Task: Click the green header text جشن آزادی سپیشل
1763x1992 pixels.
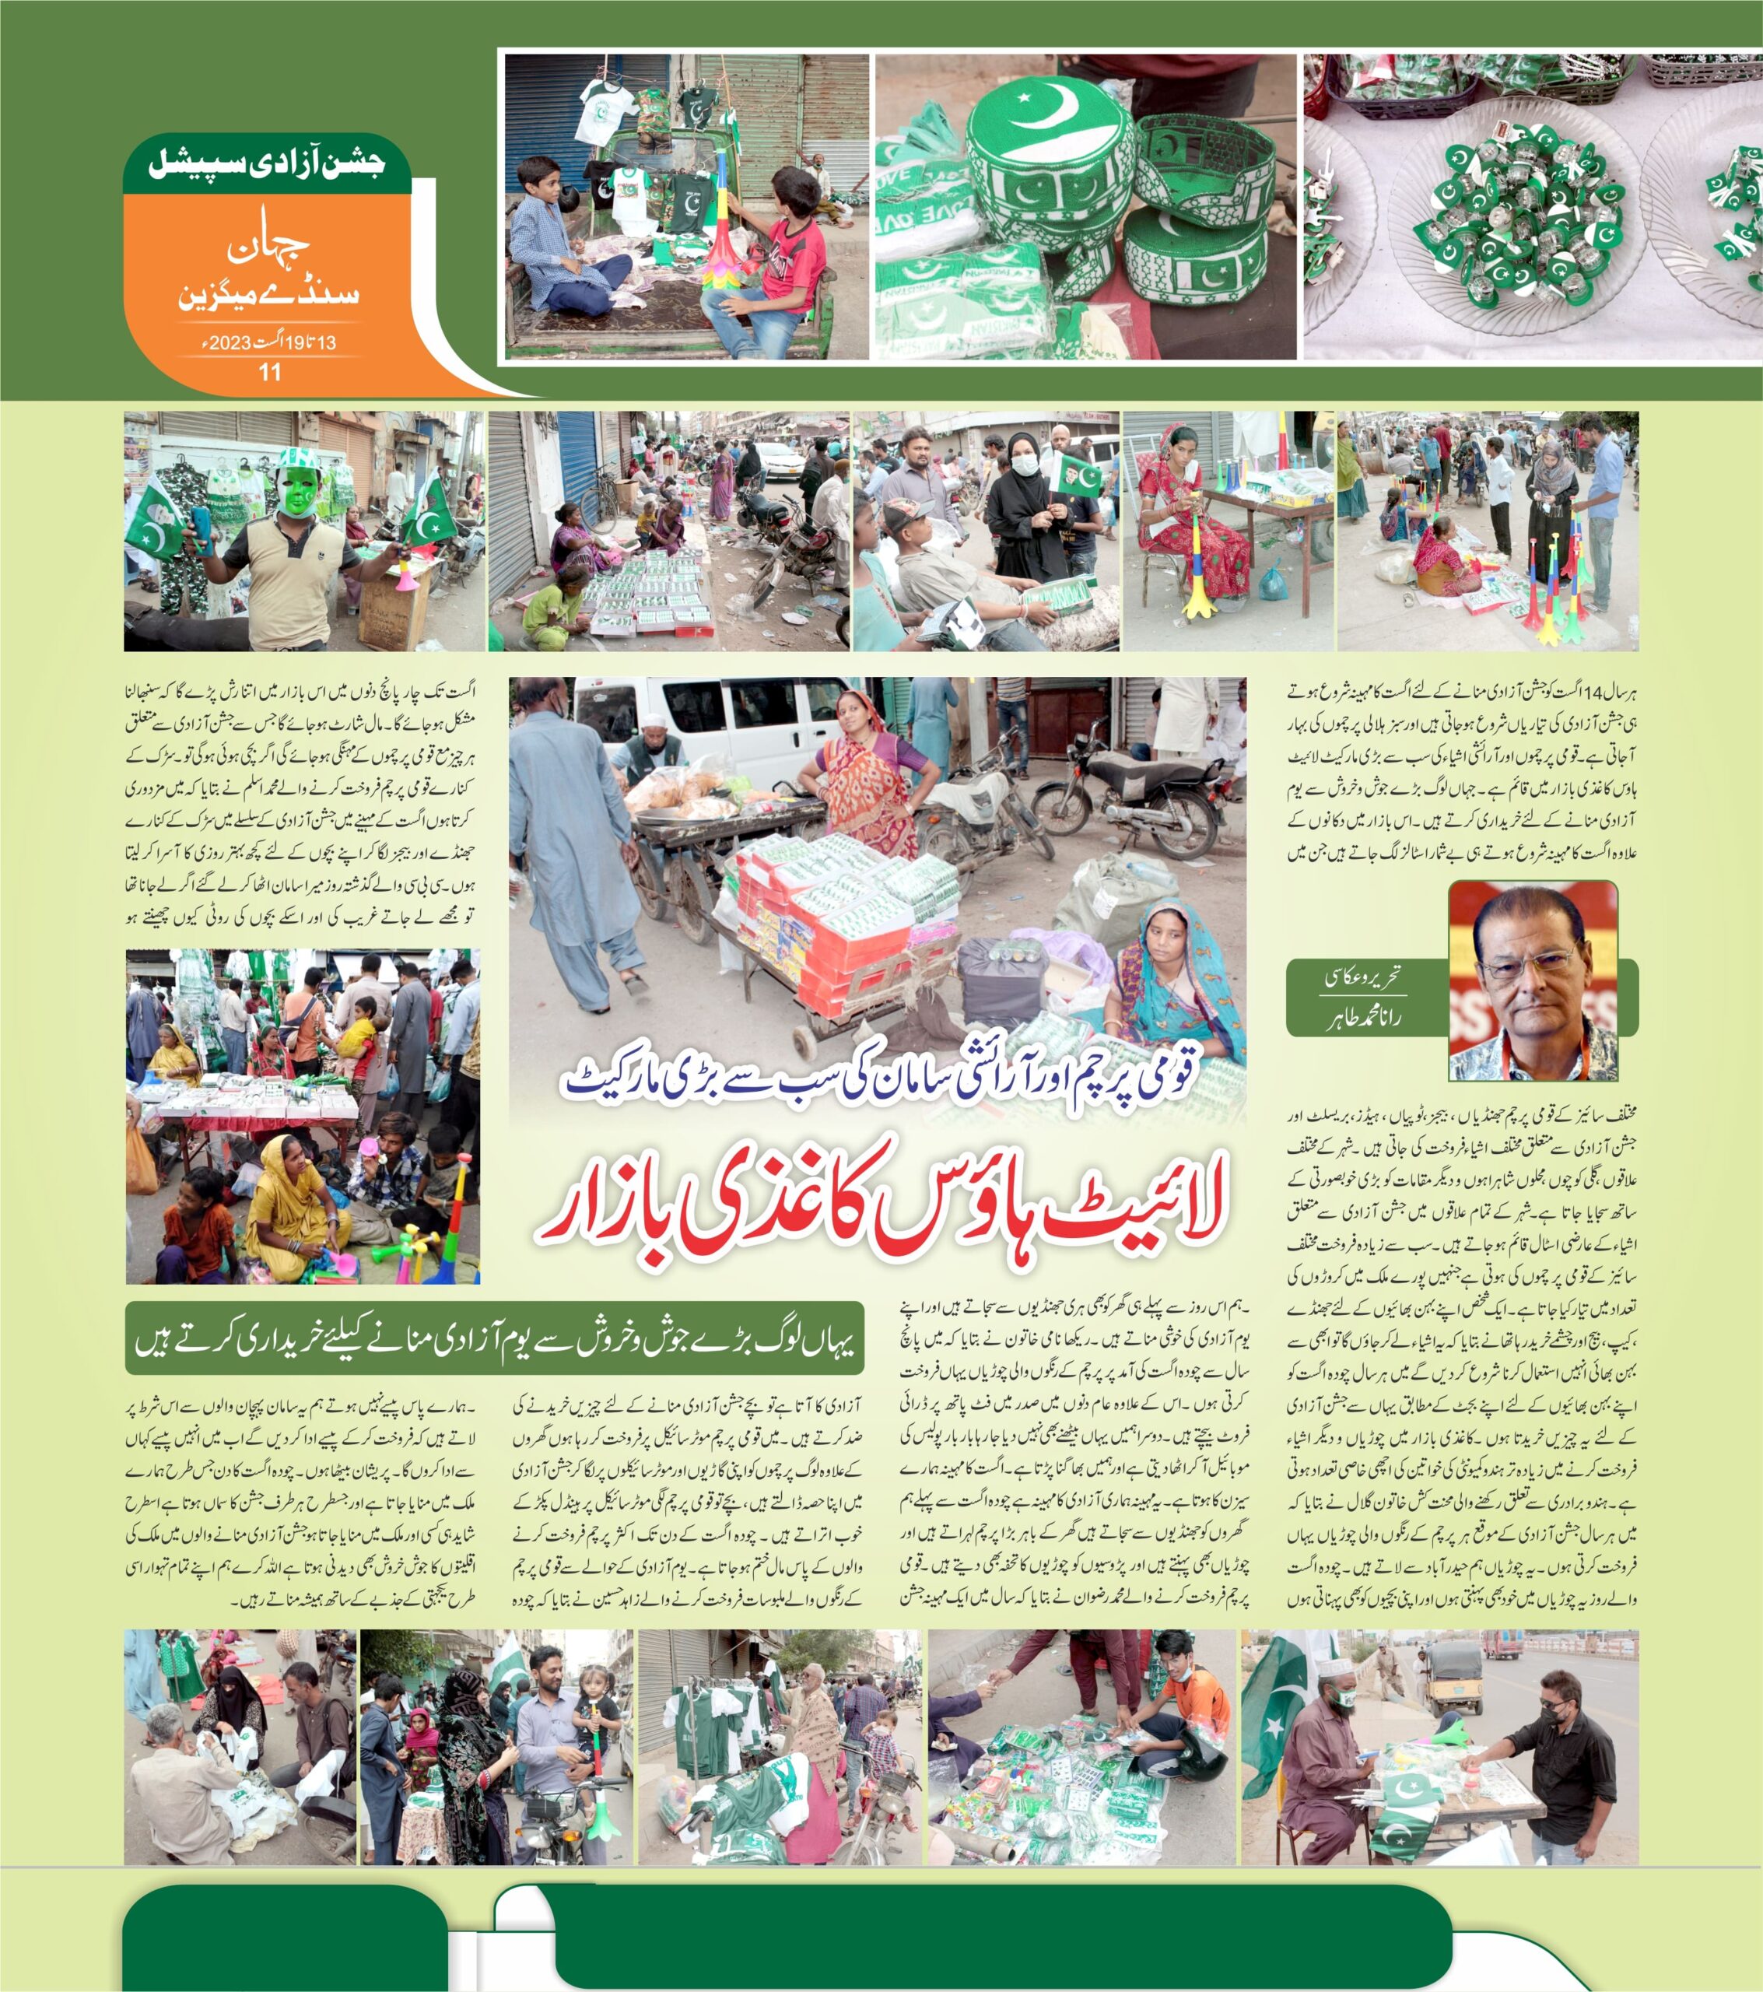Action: coord(266,162)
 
